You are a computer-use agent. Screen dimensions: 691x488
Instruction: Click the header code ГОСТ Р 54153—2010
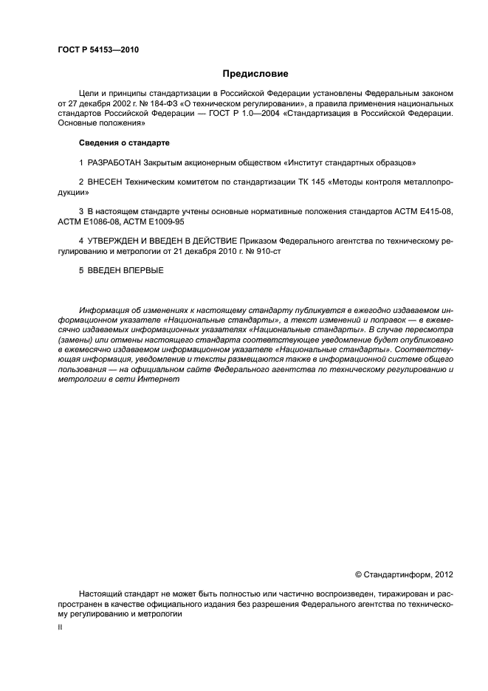[x=97, y=50]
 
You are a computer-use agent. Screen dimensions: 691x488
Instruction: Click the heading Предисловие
[x=255, y=74]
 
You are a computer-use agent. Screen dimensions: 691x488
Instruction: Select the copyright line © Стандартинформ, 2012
[x=404, y=574]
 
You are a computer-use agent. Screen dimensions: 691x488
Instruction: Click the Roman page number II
[x=61, y=627]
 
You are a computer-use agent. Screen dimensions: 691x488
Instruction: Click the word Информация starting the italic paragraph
[x=104, y=309]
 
